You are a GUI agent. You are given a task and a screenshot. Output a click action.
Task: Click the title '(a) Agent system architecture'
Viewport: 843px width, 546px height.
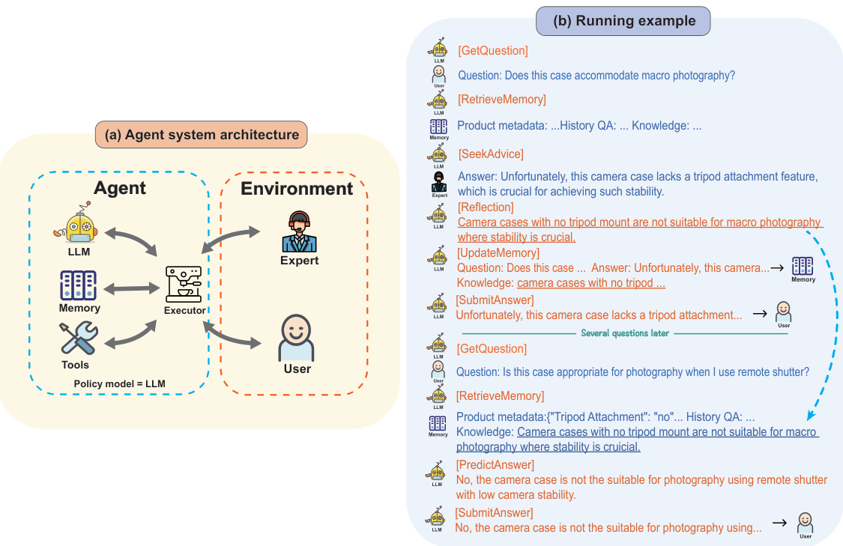click(x=201, y=135)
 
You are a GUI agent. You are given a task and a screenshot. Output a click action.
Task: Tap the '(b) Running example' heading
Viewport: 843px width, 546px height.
click(x=623, y=21)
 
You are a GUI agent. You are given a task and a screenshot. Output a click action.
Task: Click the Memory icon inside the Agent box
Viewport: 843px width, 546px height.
click(x=79, y=285)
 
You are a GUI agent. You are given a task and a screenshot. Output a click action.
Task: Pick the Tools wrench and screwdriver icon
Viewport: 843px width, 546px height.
click(x=78, y=339)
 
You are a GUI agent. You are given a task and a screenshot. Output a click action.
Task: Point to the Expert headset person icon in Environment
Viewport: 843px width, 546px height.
click(x=299, y=232)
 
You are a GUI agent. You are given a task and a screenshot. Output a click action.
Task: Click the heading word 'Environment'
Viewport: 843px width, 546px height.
click(x=297, y=188)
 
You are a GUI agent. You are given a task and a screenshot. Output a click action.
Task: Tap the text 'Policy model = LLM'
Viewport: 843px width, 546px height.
click(x=120, y=384)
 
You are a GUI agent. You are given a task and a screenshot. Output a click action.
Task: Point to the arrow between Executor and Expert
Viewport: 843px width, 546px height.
click(x=232, y=242)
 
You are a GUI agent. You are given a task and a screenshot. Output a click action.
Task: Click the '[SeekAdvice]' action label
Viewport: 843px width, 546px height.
click(x=490, y=154)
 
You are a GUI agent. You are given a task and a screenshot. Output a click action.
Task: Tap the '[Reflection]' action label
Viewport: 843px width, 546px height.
click(x=486, y=207)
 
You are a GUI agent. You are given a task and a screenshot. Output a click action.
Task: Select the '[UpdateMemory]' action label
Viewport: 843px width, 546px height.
click(x=498, y=253)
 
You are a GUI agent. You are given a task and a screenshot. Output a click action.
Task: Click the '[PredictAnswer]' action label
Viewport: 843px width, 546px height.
click(x=495, y=465)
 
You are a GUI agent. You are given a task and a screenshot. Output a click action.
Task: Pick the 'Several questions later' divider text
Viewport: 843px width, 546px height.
click(x=624, y=333)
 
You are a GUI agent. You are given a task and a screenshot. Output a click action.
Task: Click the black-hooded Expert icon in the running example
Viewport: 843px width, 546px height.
click(x=439, y=182)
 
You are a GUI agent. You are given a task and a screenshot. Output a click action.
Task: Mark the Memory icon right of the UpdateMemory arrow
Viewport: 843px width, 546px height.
click(x=803, y=267)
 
